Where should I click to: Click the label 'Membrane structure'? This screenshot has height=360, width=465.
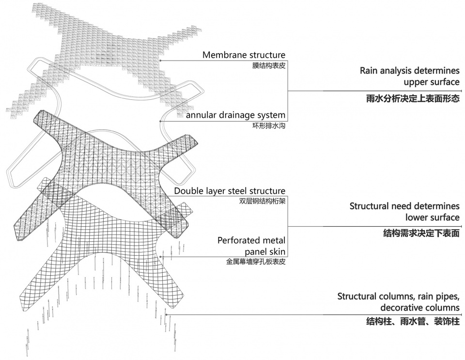244,55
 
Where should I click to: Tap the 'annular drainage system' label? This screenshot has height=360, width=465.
235,115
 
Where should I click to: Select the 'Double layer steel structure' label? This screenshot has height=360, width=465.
230,191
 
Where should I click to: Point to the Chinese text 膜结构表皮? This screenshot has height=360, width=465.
269,65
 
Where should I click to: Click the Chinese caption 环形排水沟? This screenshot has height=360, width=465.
269,125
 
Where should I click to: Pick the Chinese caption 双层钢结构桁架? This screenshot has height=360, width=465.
262,202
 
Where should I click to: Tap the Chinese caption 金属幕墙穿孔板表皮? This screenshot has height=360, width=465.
256,262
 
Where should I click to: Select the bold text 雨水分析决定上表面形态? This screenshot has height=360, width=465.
413,98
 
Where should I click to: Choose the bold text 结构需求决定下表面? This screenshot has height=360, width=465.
421,233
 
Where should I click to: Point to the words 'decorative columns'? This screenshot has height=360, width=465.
420,308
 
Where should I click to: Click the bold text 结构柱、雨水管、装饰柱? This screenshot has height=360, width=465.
413,321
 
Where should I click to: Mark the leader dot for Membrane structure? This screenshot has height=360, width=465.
160,61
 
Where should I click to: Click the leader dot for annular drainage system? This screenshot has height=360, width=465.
160,121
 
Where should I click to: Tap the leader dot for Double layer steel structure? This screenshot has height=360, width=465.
160,196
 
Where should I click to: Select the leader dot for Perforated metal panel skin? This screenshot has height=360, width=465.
160,256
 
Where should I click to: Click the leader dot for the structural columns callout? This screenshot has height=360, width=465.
166,314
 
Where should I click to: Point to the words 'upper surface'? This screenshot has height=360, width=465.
432,82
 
